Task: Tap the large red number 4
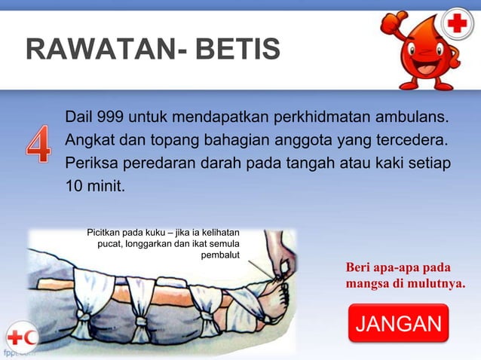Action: click(36, 145)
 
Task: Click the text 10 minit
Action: click(93, 185)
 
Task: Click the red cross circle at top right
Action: click(457, 25)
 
